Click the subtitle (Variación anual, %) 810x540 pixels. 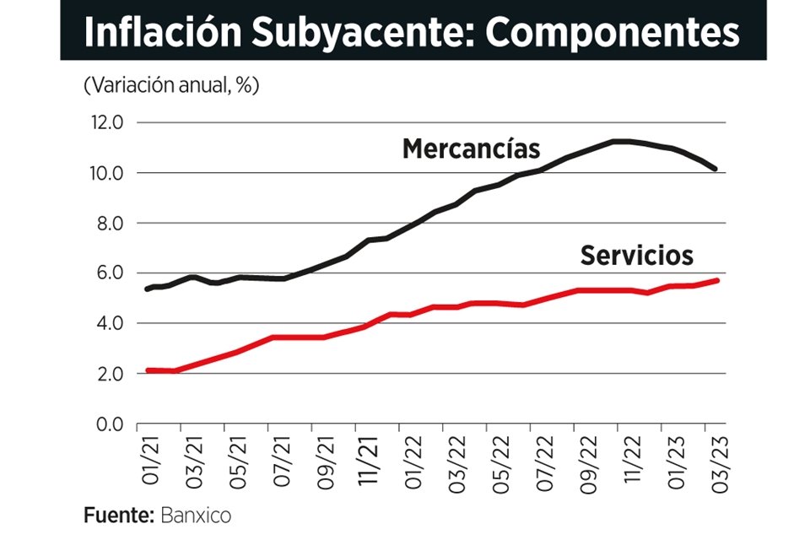[x=171, y=85]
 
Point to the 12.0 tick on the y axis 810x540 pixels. [x=105, y=123]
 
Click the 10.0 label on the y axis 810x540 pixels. [x=105, y=173]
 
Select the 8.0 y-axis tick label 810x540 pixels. [x=108, y=224]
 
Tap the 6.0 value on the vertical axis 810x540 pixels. [x=108, y=273]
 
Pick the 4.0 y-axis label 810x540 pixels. [x=108, y=323]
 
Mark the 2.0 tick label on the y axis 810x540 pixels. [x=108, y=374]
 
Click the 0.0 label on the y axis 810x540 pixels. [x=108, y=424]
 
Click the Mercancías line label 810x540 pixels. [x=471, y=148]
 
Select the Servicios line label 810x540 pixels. [x=636, y=255]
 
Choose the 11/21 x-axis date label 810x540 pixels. [x=367, y=459]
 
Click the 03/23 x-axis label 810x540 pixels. [x=718, y=459]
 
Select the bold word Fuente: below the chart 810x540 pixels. [x=116, y=514]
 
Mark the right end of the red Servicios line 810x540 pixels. [x=716, y=280]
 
